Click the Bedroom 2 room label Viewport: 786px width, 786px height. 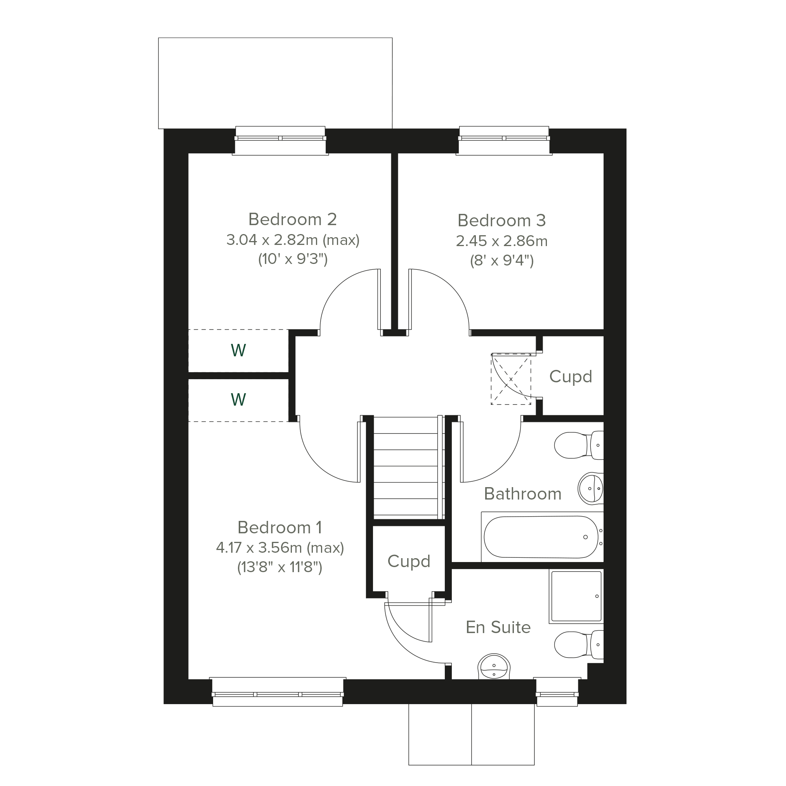pos(293,220)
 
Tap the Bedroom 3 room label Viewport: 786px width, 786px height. pos(501,220)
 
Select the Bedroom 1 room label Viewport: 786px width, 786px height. pos(280,527)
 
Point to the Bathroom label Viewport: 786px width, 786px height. pos(523,494)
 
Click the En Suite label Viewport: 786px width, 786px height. pos(498,627)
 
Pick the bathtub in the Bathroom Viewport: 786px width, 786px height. pos(542,537)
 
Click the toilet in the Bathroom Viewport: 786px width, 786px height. pos(579,446)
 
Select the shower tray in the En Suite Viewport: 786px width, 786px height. pos(576,597)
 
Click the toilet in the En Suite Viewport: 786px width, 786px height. pos(579,645)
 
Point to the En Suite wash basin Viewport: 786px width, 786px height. pos(493,667)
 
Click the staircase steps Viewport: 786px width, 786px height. pos(405,467)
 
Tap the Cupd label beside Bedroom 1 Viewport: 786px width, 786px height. pos(409,561)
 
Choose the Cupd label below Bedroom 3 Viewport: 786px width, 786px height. pos(571,377)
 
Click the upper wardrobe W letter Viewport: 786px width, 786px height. pos(238,350)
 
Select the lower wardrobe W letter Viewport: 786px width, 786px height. pos(238,399)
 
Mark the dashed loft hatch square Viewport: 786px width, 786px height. pos(511,379)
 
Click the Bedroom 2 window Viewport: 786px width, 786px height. pos(280,141)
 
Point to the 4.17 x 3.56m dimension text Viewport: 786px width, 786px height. pos(280,548)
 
